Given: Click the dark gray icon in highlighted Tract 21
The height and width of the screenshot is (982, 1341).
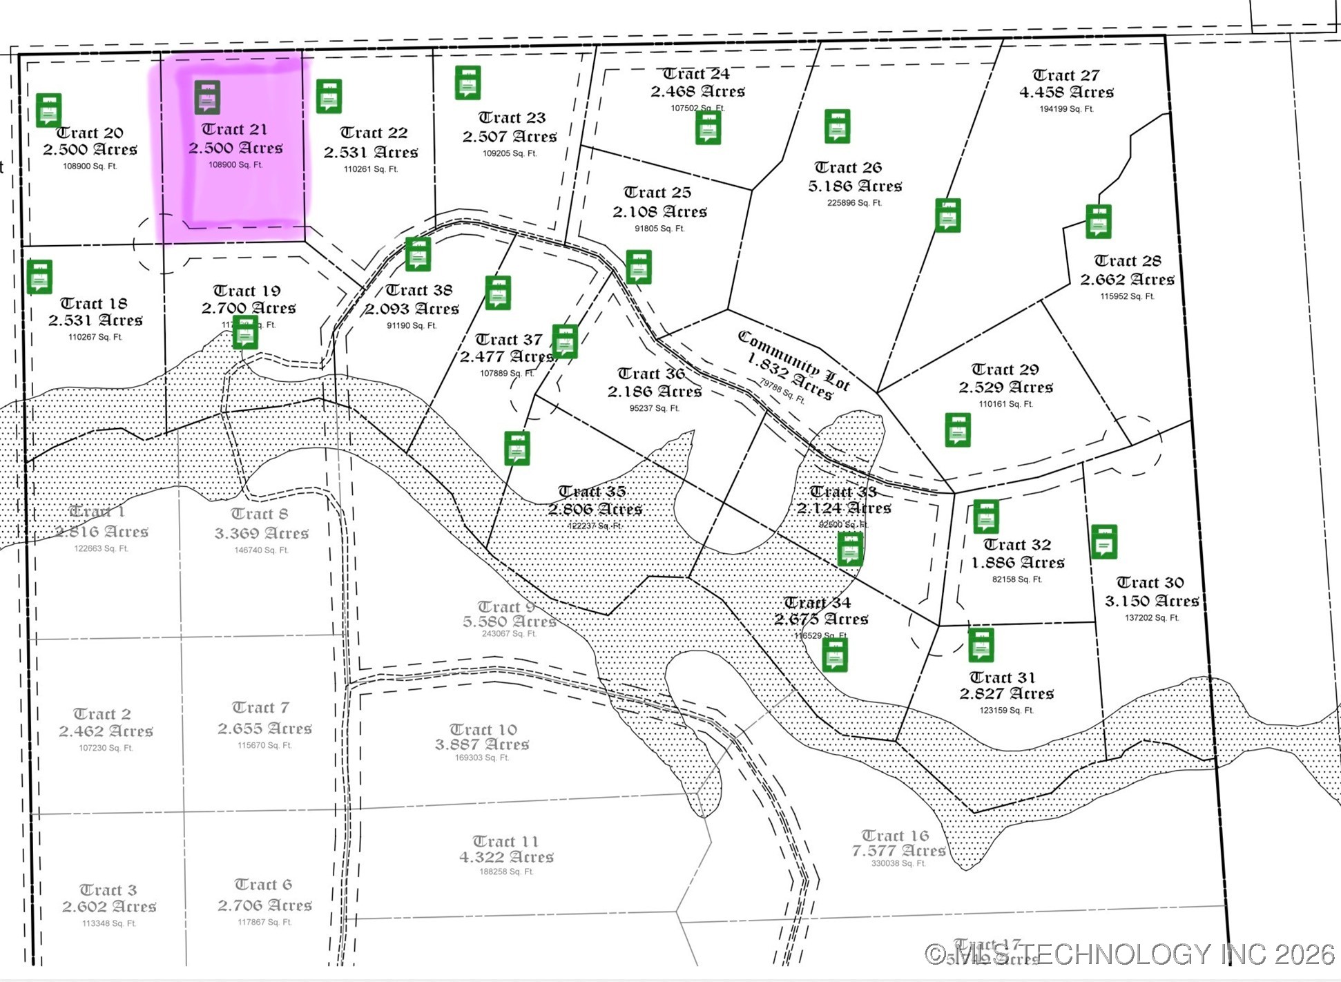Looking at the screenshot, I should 207,97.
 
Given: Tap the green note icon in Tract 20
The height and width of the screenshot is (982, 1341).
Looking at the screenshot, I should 48,110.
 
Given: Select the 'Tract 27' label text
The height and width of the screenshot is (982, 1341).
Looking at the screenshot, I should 1065,75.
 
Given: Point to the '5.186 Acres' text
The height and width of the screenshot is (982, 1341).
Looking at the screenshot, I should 855,186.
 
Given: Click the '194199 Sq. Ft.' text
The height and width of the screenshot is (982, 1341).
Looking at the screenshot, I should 1066,109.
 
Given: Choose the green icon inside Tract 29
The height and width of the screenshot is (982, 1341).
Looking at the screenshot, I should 958,430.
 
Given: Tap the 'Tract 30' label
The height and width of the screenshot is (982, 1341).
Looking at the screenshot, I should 1150,582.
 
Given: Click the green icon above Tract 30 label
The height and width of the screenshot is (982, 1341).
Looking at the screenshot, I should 1104,541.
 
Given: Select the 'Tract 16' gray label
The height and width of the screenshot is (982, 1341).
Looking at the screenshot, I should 895,836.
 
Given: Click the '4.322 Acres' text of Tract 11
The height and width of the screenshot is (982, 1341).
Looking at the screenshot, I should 506,857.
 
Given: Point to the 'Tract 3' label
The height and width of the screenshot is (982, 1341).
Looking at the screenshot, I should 108,889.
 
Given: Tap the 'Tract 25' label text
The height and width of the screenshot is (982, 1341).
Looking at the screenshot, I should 657,192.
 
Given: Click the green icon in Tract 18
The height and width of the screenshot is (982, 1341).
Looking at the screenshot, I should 39,277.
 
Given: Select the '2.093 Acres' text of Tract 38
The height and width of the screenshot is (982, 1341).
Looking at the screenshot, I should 412,309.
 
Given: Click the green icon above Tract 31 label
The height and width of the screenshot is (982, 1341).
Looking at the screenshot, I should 981,645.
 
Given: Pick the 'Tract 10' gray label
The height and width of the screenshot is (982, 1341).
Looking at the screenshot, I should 483,729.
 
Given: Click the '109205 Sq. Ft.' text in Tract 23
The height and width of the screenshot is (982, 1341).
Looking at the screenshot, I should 510,153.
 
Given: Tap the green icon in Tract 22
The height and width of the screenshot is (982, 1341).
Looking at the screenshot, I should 329,96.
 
